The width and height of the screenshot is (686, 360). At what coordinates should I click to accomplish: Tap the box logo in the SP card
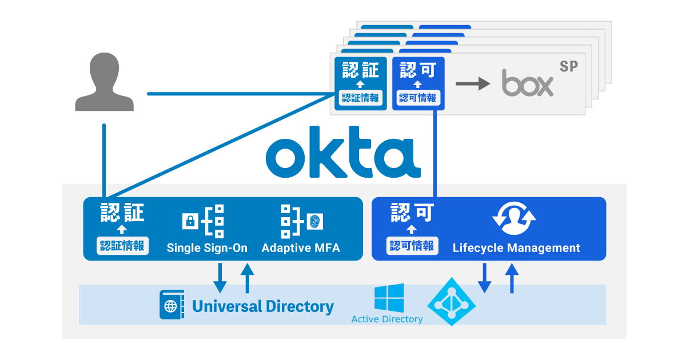[528, 83]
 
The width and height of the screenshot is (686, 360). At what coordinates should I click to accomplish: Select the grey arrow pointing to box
[473, 83]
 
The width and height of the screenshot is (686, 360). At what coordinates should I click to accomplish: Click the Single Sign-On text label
[207, 248]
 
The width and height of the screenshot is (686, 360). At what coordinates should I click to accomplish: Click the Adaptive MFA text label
[301, 248]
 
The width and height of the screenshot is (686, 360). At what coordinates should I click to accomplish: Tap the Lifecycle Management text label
[516, 248]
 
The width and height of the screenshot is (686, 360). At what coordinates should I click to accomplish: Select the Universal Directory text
[263, 306]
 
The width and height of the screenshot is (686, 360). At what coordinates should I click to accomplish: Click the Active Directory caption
[387, 319]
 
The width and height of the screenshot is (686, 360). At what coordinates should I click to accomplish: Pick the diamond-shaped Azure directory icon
[452, 302]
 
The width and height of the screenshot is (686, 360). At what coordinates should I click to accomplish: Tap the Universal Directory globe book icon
[171, 305]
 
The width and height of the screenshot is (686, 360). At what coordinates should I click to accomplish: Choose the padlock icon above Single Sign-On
[189, 221]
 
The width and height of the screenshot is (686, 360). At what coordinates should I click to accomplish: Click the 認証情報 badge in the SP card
[360, 98]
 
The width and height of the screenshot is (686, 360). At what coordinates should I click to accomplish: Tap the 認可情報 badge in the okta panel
[412, 246]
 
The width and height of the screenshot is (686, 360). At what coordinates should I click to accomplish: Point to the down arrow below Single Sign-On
[220, 278]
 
